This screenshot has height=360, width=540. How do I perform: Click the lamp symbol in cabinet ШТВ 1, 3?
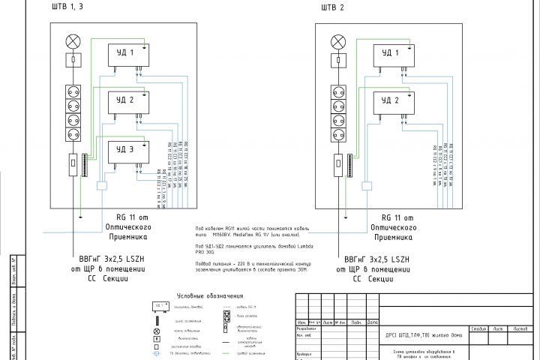(x=73, y=40)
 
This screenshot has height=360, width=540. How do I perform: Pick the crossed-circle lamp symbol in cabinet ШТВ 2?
(x=338, y=40)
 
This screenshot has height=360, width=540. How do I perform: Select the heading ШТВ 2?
(x=331, y=9)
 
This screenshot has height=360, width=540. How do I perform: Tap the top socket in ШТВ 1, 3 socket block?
(x=73, y=93)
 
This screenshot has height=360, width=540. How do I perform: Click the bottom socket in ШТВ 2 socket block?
(x=338, y=136)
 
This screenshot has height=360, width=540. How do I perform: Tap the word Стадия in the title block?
(x=478, y=328)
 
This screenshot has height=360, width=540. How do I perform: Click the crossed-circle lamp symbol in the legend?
(x=157, y=331)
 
